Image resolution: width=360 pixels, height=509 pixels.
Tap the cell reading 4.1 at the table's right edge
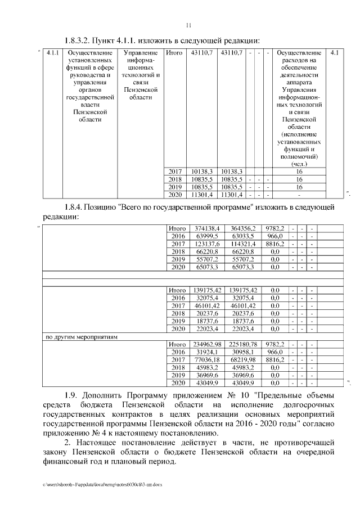(334, 53)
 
